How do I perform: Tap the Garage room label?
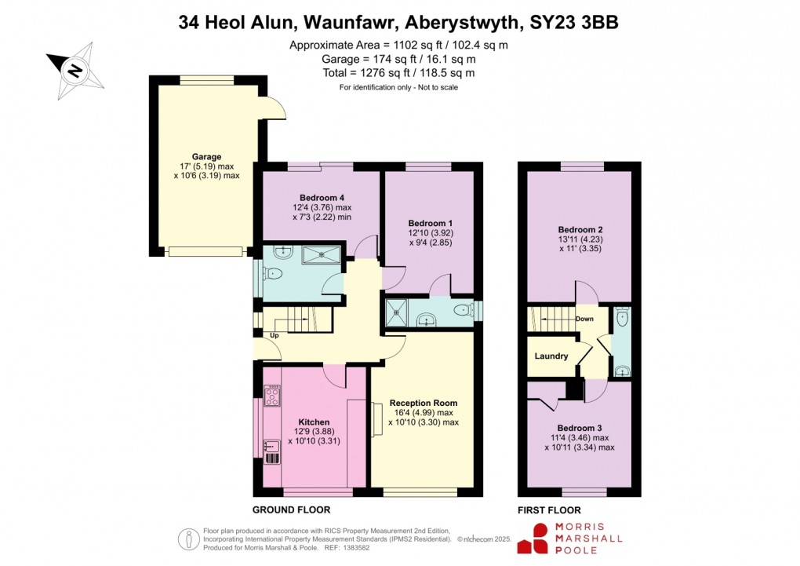pos(206,156)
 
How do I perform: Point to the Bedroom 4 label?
pos(322,197)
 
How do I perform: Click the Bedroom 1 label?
pos(428,222)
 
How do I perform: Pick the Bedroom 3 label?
pos(579,427)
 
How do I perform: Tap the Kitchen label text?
pos(314,422)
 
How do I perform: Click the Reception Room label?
pos(423,403)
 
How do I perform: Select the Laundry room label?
pos(551,356)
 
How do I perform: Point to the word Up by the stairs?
pos(274,336)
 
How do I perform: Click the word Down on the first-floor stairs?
pos(584,319)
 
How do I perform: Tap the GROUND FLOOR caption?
pos(291,509)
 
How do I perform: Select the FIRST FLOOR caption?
pos(548,509)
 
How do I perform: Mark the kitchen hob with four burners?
pos(272,395)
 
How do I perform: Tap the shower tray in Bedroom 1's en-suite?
pos(398,312)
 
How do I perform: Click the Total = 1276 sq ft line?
pos(398,73)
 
